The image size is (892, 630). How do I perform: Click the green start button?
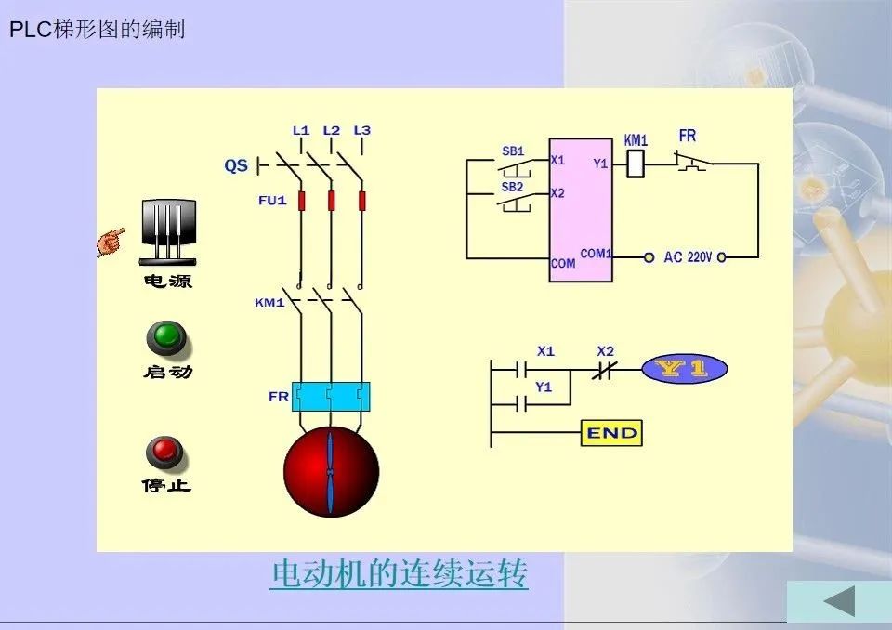click(165, 337)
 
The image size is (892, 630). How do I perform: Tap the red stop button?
click(164, 453)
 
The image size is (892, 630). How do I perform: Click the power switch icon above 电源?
click(168, 232)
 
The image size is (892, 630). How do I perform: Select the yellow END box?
click(611, 433)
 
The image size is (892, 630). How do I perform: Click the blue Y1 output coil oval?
click(685, 369)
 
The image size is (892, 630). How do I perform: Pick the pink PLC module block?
click(580, 209)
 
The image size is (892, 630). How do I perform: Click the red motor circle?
click(331, 471)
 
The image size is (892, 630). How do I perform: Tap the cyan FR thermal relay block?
click(331, 396)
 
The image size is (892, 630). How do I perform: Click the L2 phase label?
click(331, 130)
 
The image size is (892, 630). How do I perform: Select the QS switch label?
click(236, 165)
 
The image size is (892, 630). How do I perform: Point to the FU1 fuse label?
click(272, 201)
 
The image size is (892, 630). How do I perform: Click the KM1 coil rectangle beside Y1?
click(636, 164)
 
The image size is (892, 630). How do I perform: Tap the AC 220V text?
click(688, 257)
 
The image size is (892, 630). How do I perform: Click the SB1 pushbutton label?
click(513, 151)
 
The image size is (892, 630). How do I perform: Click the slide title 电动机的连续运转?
click(399, 573)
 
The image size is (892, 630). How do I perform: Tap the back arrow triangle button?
click(840, 601)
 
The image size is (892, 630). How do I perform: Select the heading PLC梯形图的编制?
click(98, 29)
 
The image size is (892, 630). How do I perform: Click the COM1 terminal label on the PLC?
click(596, 254)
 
